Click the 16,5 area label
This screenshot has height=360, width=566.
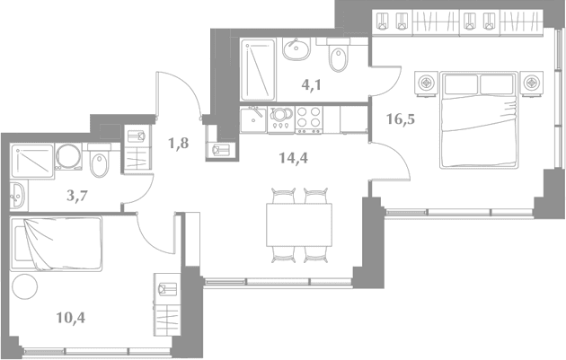[x=401, y=119]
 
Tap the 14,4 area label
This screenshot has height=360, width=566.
[x=294, y=158]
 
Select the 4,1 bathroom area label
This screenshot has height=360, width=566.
[x=312, y=85]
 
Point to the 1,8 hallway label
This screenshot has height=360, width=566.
[x=179, y=144]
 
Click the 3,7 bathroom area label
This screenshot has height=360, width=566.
[x=77, y=196]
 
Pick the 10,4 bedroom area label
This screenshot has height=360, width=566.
[x=71, y=318]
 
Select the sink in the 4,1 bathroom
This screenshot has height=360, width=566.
[x=296, y=48]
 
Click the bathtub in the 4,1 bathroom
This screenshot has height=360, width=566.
[x=258, y=70]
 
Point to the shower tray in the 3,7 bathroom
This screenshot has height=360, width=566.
[x=32, y=161]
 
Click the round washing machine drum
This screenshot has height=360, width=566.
[x=68, y=156]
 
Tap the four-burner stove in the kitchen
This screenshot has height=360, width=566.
[x=309, y=120]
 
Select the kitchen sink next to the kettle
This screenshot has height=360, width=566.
[x=253, y=119]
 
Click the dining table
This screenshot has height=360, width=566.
[x=299, y=224]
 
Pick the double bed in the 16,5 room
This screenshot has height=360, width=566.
[x=479, y=119]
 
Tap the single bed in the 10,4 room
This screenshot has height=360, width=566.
[x=57, y=243]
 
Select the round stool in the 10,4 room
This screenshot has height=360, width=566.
[x=24, y=286]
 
